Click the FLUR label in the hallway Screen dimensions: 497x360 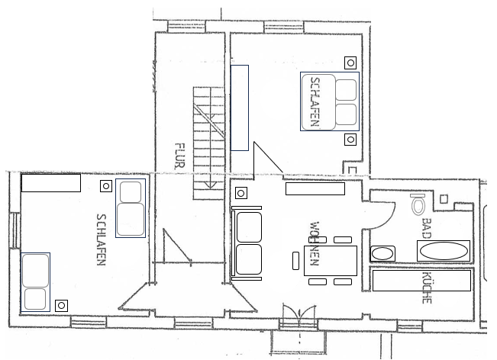tap(179, 156)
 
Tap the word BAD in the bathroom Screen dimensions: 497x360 tap(427, 228)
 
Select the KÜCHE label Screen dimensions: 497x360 tap(427, 288)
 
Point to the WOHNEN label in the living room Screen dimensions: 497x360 tap(314, 243)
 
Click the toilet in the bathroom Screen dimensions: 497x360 tap(418, 204)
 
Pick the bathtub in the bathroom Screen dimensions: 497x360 tap(444, 251)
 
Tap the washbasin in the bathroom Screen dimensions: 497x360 tap(382, 254)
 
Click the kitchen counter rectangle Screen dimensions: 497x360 tap(421, 280)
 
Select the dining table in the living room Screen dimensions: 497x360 tap(331, 261)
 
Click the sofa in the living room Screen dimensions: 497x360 tap(247, 243)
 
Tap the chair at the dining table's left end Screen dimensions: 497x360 tap(295, 261)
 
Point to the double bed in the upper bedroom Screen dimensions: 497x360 tap(330, 101)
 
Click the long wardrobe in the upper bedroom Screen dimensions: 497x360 tap(240, 108)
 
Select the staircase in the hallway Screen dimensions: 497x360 tap(209, 143)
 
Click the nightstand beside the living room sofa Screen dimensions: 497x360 tap(241, 193)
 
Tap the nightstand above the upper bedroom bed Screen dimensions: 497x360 tap(350, 63)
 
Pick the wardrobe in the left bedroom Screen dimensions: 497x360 tap(51, 183)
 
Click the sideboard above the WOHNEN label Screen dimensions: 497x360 tap(315, 188)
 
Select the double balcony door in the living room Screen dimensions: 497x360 tap(299, 313)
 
